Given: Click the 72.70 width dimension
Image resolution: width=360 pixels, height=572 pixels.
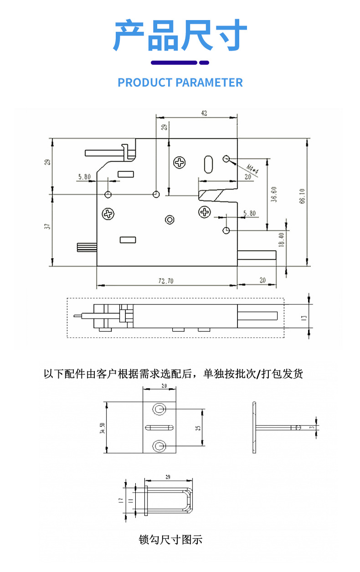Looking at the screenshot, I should pos(166,281).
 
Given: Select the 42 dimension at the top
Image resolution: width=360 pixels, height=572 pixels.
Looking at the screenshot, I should pos(204,113).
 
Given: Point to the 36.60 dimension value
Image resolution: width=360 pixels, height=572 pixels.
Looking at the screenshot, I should pos(273,194).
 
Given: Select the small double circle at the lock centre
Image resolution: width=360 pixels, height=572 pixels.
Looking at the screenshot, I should pos(170,220).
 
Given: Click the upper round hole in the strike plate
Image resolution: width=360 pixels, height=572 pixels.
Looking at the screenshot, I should pos(159,409).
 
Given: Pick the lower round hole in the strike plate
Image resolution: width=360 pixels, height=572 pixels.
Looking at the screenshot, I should pos(159,445).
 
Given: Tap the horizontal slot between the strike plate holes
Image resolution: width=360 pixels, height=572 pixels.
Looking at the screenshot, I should pos(159,427).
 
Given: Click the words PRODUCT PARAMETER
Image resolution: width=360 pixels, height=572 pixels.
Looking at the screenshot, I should pos(180,82).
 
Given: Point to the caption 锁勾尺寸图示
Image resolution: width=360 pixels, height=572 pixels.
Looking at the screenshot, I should pos(170,540).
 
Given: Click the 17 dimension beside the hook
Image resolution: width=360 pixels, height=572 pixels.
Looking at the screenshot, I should pos(121,500).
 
